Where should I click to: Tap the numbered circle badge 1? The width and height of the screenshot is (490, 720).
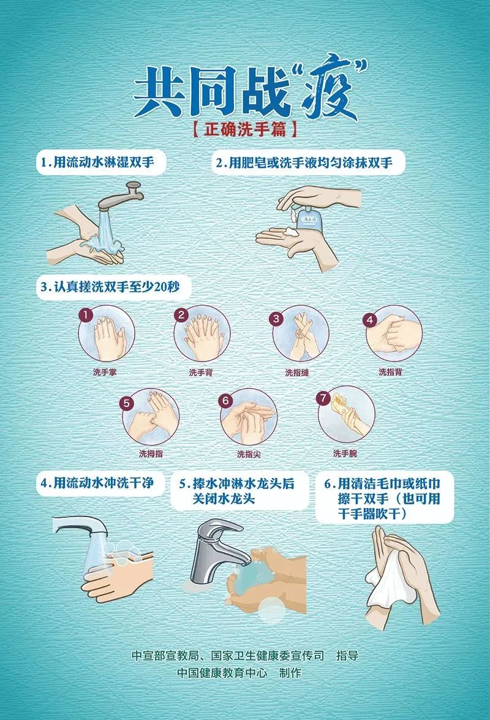(x=86, y=315)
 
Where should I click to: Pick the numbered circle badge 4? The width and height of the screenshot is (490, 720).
(x=370, y=320)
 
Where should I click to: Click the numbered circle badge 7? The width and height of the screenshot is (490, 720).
(x=323, y=398)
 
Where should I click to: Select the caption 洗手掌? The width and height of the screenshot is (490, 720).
(x=105, y=372)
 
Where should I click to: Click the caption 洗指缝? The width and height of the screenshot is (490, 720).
(x=297, y=373)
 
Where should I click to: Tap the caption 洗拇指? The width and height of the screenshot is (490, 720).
(x=151, y=453)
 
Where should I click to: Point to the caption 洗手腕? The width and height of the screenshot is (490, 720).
(x=345, y=453)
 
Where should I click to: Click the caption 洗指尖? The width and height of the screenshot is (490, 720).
(x=249, y=454)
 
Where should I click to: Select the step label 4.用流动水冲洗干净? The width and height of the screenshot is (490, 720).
(x=97, y=483)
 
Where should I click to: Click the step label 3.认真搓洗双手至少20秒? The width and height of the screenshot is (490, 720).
(x=110, y=287)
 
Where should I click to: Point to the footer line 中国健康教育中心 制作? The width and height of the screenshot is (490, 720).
(x=239, y=673)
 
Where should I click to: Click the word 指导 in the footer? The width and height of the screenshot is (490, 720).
(x=347, y=655)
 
